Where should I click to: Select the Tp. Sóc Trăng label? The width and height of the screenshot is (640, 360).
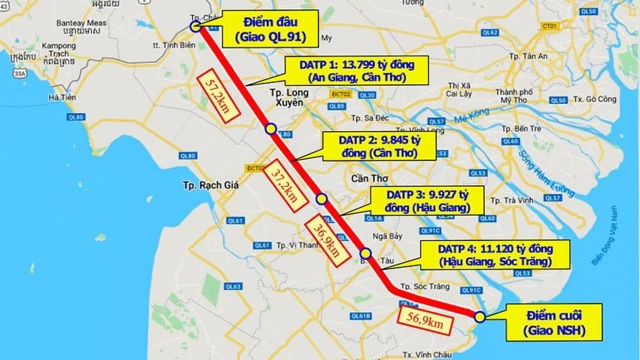coord(426,286)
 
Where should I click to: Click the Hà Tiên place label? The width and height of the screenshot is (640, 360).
coord(62,98)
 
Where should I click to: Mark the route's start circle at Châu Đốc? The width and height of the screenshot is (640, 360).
coord(195,26)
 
